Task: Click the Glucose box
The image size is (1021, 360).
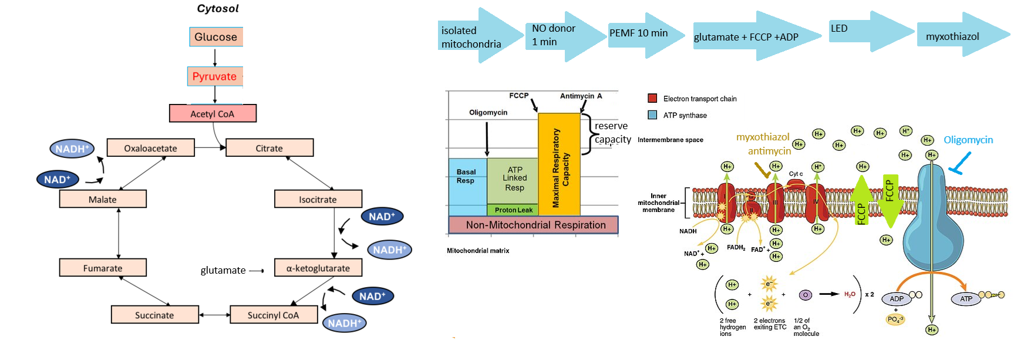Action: (215, 37)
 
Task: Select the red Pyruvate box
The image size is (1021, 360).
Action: (215, 76)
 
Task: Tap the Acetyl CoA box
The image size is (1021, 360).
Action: (213, 113)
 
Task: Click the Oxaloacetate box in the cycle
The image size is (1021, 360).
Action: (150, 148)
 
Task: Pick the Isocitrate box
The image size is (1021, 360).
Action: (318, 199)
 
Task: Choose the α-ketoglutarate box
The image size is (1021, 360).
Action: (318, 268)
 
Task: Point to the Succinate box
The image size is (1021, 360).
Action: (154, 315)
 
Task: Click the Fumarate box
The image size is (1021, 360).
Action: (103, 268)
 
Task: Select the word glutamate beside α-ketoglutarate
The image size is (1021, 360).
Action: (223, 270)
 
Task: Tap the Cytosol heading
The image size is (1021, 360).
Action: (218, 8)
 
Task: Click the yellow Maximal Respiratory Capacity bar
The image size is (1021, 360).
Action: (559, 165)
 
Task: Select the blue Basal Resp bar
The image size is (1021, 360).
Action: (467, 182)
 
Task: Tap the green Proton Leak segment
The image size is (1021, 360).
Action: (513, 210)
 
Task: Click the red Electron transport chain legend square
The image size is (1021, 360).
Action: (652, 98)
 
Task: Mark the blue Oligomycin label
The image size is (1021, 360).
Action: (968, 140)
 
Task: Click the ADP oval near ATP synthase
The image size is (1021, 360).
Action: (897, 299)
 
